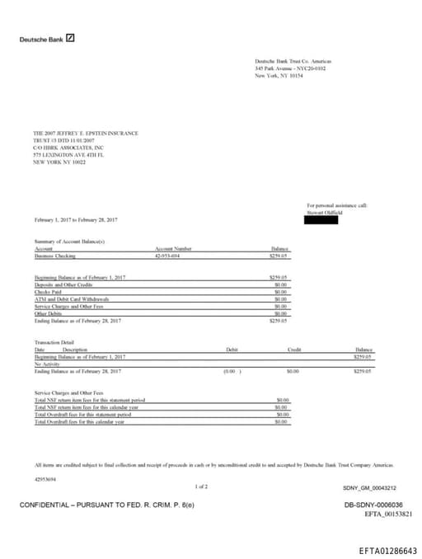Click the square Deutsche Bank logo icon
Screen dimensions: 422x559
pos(70,38)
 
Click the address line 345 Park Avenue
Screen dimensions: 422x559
pos(290,68)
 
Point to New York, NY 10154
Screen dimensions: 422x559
pos(279,75)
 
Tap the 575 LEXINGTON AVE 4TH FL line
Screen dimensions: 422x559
pos(68,154)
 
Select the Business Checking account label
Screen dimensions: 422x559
pos(54,256)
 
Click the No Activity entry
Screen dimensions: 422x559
pos(48,364)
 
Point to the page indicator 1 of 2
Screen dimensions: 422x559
pos(201,487)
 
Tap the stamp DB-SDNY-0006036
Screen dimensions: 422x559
pos(373,505)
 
